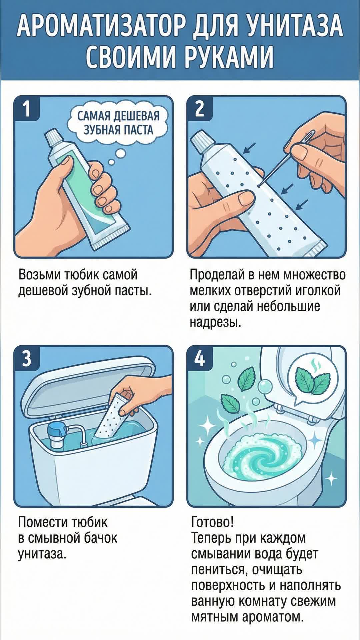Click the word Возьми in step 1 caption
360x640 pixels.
[x=39, y=275]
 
